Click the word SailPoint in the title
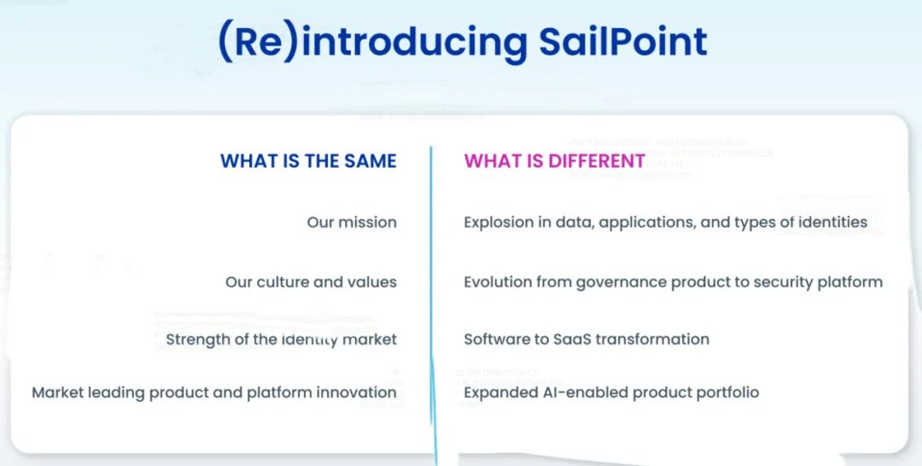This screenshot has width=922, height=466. pyautogui.click(x=621, y=41)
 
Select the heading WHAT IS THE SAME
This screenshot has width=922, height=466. pyautogui.click(x=308, y=161)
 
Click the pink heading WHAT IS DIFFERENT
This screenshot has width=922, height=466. pyautogui.click(x=554, y=161)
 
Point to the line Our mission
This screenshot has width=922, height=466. pyautogui.click(x=352, y=222)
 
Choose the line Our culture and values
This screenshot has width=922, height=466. pyautogui.click(x=311, y=282)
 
